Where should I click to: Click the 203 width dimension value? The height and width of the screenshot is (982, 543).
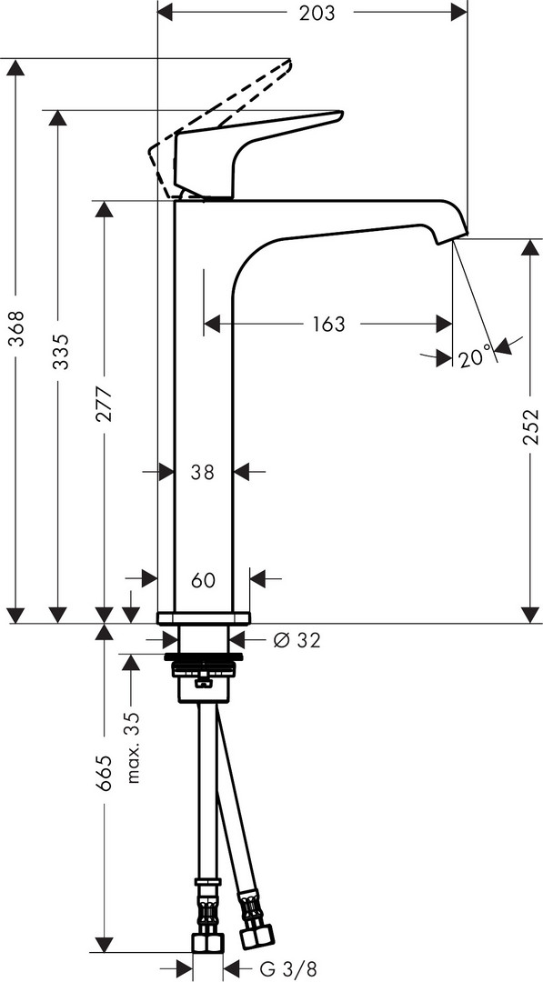[x=317, y=13]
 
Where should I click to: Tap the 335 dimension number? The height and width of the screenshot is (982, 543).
[x=60, y=352]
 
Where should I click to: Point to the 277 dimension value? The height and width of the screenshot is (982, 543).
[x=104, y=404]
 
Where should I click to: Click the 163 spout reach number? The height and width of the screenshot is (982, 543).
[x=329, y=324]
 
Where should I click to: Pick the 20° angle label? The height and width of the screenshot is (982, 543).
[x=474, y=359]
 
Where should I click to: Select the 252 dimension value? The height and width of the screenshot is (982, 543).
[x=530, y=426]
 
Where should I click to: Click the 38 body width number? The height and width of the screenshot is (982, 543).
[x=203, y=472]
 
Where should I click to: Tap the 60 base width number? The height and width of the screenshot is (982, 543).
[x=203, y=580]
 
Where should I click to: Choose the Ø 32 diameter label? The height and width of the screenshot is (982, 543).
[x=297, y=640]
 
